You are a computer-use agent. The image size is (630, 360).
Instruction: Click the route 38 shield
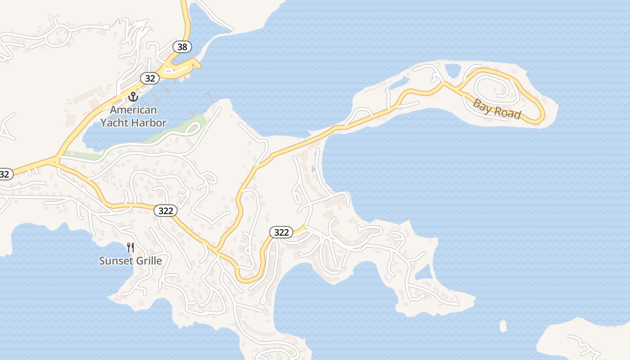point(182,47)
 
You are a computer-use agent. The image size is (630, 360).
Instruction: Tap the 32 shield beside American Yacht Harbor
point(150,78)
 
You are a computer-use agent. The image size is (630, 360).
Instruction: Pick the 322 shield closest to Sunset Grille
point(166,210)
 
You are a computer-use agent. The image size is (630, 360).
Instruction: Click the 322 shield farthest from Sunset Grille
point(281,232)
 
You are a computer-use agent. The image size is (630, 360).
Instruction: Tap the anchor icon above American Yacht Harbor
point(133,96)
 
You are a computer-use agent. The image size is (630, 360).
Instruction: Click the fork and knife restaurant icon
point(130,247)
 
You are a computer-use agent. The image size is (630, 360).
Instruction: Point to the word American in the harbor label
point(134,110)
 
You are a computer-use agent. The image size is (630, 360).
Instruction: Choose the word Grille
point(148,261)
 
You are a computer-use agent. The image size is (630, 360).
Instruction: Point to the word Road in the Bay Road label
point(507,112)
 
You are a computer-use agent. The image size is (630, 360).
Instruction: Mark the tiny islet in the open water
point(503,325)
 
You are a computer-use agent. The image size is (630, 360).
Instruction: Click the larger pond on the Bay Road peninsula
point(452,70)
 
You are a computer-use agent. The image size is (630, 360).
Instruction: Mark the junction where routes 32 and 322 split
point(56,160)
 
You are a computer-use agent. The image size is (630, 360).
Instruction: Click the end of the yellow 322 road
point(306,226)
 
